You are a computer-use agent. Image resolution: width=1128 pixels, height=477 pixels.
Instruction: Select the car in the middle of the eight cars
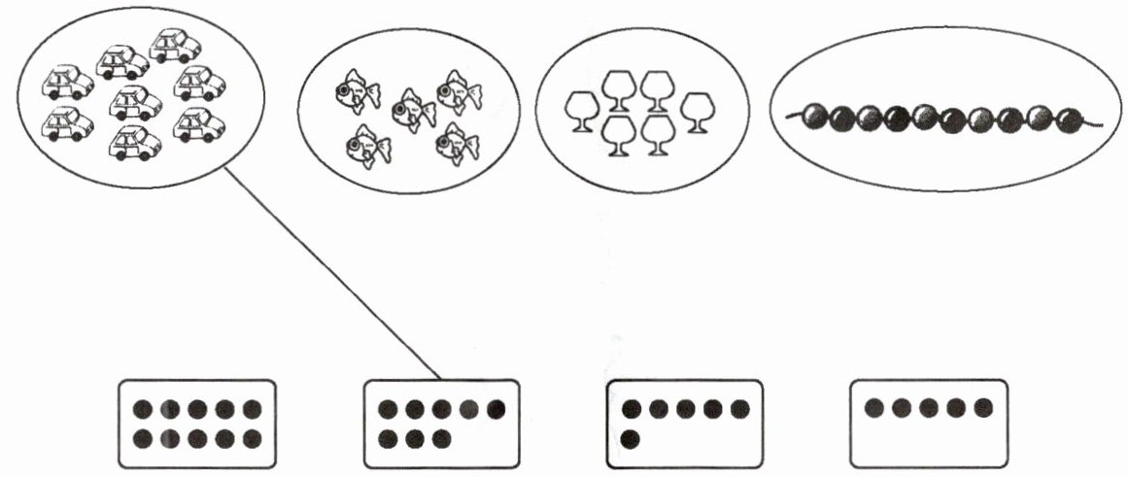coord(135,101)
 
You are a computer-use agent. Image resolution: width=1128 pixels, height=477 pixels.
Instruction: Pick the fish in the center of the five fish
coord(413,109)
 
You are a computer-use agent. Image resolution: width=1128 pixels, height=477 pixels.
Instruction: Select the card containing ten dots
coord(197,424)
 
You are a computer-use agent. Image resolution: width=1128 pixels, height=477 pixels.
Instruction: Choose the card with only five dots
coord(928,424)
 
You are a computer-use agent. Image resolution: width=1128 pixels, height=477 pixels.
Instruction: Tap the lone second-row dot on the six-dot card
coord(631,439)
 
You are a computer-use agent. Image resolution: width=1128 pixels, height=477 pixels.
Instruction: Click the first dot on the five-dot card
coord(872,407)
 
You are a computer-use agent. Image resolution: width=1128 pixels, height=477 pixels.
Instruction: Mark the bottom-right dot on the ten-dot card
coord(251,439)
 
